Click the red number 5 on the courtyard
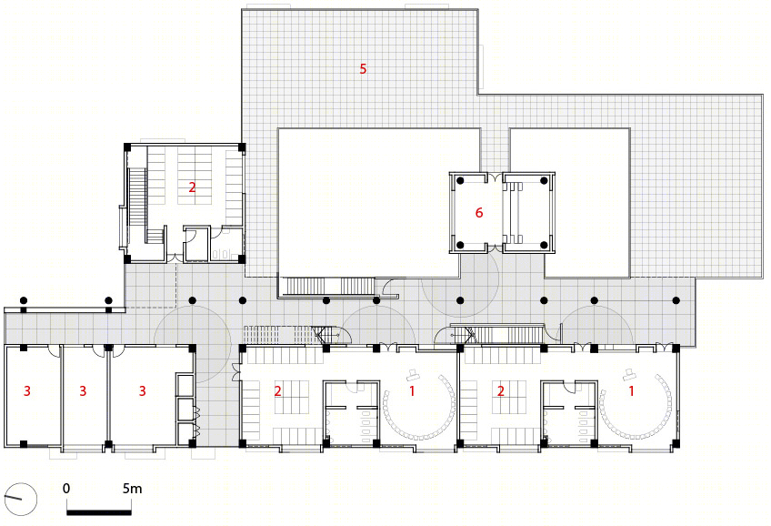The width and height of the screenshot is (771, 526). [363, 69]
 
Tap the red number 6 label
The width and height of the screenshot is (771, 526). [479, 213]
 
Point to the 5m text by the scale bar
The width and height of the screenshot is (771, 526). [132, 489]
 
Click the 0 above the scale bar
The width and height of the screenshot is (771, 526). [66, 489]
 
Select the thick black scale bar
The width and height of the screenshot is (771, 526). [99, 512]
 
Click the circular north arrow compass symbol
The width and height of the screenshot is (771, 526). [20, 499]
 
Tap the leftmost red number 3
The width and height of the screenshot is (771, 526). [27, 390]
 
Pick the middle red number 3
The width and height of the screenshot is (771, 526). [83, 390]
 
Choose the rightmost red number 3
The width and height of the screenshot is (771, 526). [143, 390]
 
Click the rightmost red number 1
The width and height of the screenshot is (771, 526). [631, 390]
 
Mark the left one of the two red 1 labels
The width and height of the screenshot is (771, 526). [412, 390]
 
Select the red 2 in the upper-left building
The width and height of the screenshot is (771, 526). [192, 187]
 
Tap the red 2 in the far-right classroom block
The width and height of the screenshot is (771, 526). [501, 391]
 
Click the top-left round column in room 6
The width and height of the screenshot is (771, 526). [460, 180]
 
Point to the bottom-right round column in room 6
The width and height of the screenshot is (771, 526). [544, 245]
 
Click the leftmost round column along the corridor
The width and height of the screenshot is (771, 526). [23, 300]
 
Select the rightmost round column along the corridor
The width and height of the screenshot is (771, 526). [676, 300]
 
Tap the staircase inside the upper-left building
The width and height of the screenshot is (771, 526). [137, 204]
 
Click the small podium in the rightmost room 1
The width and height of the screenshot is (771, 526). [629, 374]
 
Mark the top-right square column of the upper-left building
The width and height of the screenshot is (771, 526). [242, 147]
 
